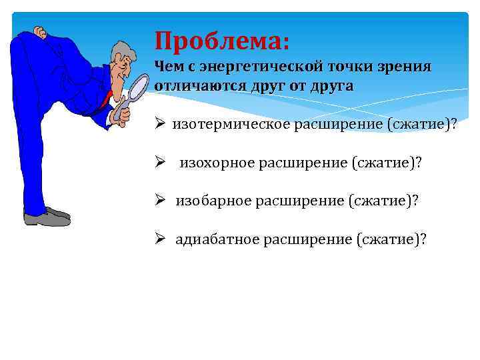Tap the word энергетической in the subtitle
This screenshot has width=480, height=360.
[x=257, y=67]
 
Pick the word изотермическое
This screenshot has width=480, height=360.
[x=227, y=125]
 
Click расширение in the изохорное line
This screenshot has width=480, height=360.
[x=304, y=163]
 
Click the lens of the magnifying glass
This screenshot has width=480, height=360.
[x=138, y=89]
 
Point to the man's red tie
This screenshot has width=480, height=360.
[x=105, y=100]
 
